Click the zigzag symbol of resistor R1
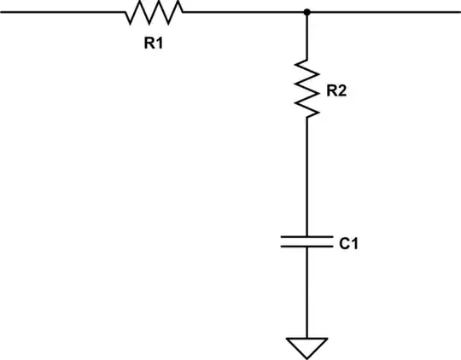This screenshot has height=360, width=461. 154,12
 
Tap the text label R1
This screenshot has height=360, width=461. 154,44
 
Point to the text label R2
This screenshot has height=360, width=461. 336,91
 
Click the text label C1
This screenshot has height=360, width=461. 348,245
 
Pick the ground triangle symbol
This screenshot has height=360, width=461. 306,346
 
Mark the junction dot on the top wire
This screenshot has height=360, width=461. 306,12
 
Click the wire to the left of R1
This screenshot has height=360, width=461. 60,12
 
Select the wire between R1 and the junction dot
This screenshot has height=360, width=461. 243,12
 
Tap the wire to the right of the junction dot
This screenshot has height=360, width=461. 384,12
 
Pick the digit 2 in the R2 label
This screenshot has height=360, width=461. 342,91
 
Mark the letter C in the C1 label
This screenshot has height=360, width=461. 343,245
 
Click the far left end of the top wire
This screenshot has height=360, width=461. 3,12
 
